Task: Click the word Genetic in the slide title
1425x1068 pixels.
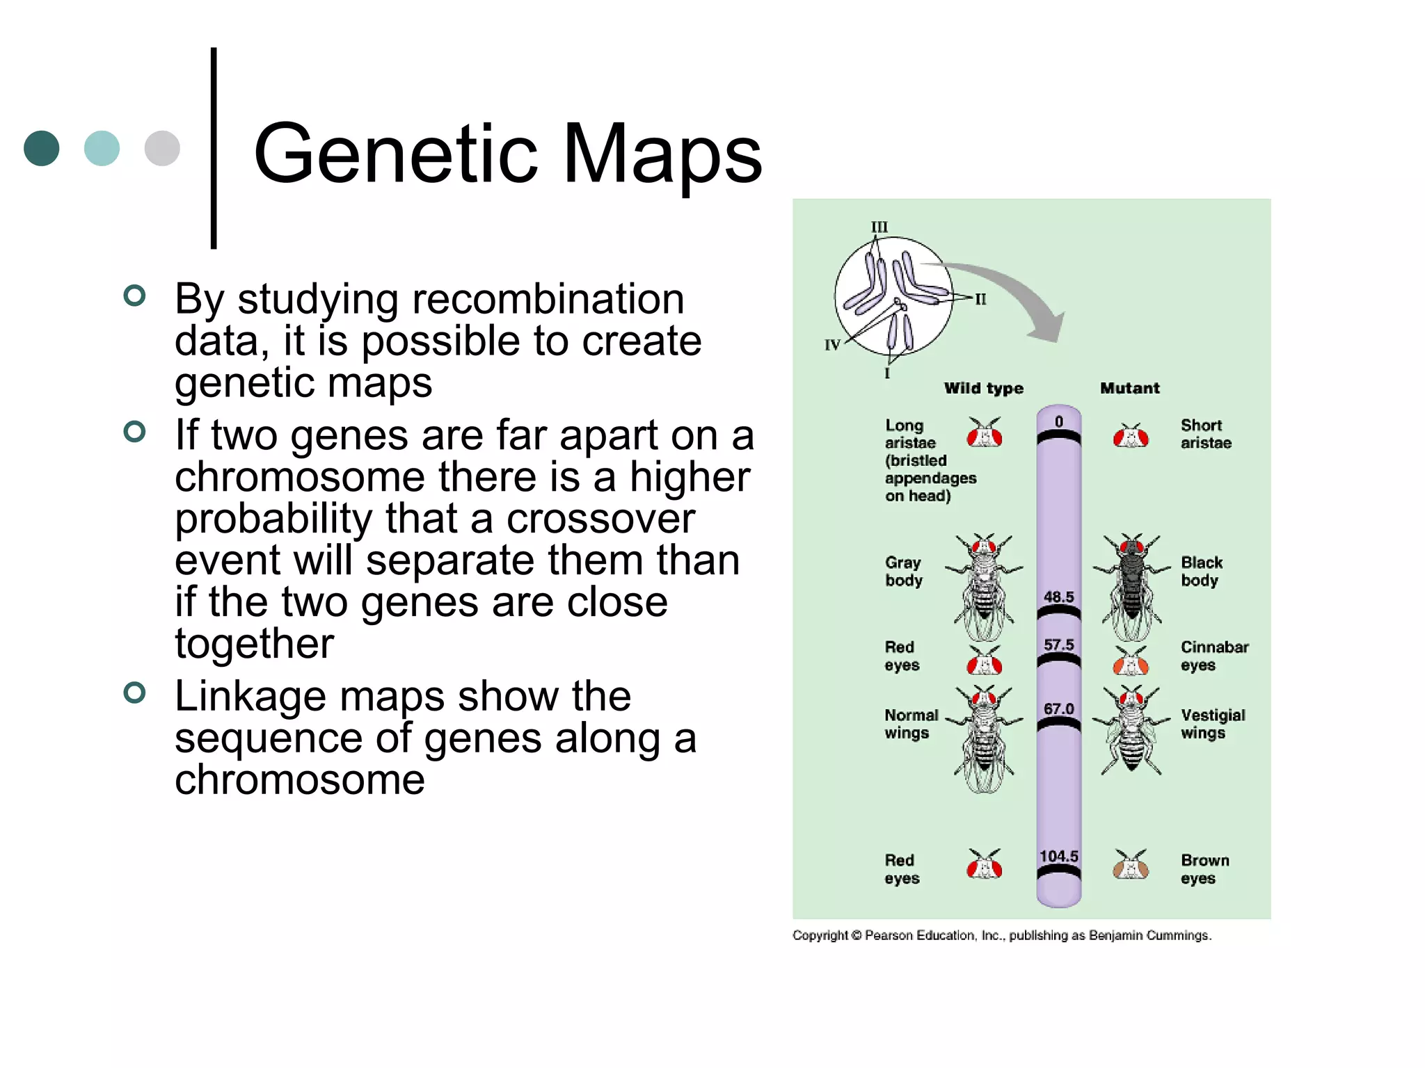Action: coord(395,154)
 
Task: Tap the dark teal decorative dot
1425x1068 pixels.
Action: coord(41,148)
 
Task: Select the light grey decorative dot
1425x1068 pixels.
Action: coord(162,148)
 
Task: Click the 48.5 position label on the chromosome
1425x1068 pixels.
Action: coord(1058,597)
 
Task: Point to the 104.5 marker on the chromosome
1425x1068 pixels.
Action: coord(1058,857)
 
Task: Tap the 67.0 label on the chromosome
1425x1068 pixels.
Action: coord(1058,709)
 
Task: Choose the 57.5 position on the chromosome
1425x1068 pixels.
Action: coord(1058,645)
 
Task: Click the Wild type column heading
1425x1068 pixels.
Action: coord(983,388)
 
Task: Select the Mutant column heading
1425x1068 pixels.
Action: coord(1129,388)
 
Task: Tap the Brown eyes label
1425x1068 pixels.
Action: coord(1204,869)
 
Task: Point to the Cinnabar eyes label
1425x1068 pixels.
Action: coord(1214,656)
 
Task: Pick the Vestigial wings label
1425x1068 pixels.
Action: coord(1212,724)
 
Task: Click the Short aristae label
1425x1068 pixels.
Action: coord(1205,434)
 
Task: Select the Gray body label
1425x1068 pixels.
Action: coord(903,571)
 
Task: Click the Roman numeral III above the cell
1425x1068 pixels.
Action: coord(879,227)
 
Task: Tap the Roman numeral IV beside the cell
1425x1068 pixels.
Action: coord(832,345)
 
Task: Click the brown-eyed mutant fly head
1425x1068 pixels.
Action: coord(1131,866)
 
